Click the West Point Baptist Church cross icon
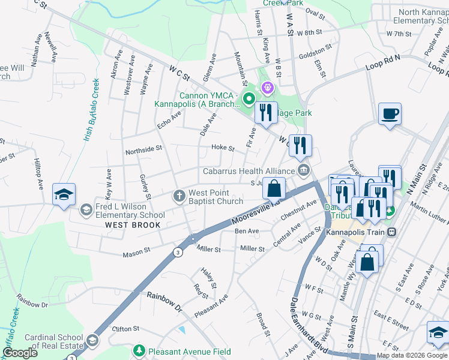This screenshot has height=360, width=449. [178, 196]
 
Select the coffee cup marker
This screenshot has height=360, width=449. [390, 114]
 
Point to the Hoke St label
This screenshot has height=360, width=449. [223, 148]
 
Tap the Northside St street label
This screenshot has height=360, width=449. [143, 149]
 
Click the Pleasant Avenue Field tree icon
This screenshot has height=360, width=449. [139, 350]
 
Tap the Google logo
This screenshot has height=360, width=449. [20, 353]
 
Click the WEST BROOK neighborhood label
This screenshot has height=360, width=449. [133, 225]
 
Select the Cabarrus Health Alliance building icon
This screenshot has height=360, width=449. [304, 171]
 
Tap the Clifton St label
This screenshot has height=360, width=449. [126, 329]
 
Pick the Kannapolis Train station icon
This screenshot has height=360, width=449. [392, 232]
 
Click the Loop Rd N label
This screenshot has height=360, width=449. [383, 61]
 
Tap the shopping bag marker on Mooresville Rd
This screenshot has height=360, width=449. [274, 189]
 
